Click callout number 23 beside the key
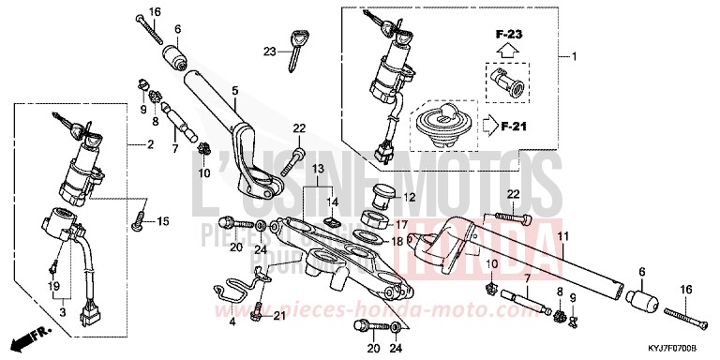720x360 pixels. click(x=268, y=51)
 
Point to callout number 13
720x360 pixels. click(x=318, y=169)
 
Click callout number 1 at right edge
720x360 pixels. click(x=576, y=58)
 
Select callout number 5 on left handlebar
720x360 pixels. click(x=234, y=91)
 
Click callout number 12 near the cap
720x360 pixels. click(x=409, y=197)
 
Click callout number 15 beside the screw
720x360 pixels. click(x=163, y=221)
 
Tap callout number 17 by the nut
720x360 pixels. click(x=401, y=224)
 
